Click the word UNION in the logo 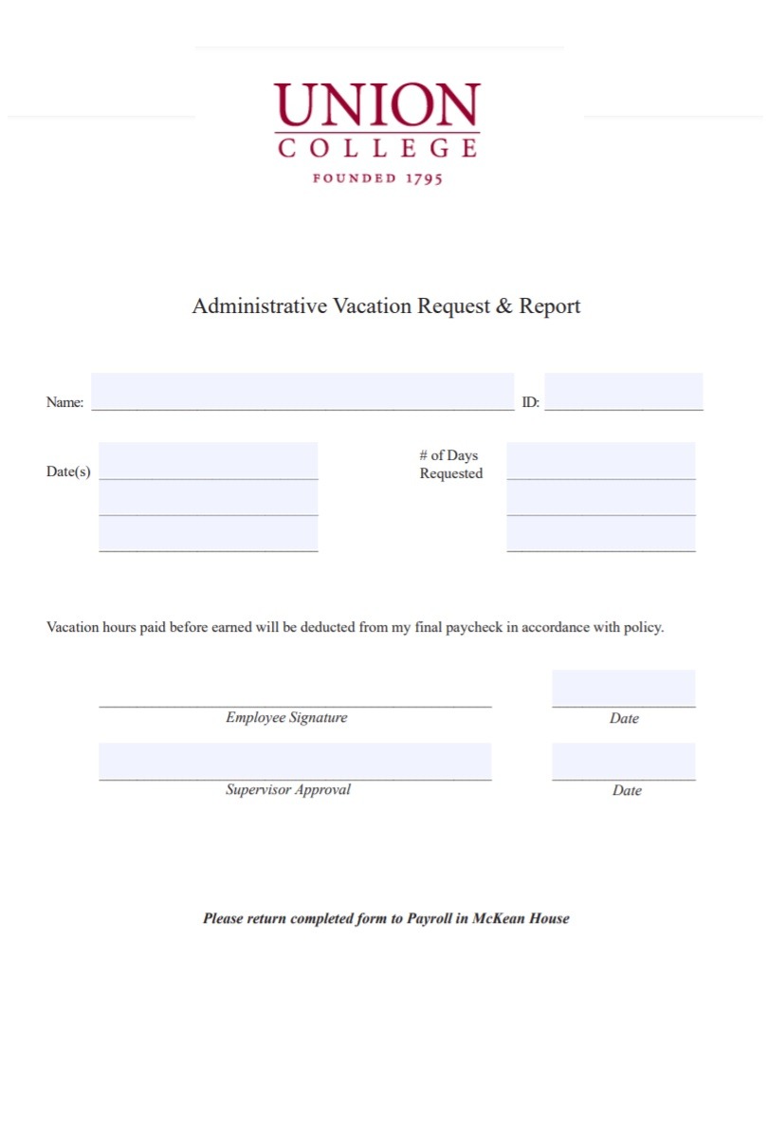(x=376, y=105)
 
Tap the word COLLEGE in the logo (x=376, y=147)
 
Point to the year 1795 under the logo (x=424, y=178)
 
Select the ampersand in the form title (x=503, y=305)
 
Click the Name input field (x=302, y=391)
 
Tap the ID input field (x=623, y=391)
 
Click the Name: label (x=64, y=402)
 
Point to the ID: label (x=531, y=402)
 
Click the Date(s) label (x=68, y=471)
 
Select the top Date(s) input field (x=208, y=461)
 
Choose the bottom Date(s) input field (x=208, y=534)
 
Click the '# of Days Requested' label (x=450, y=465)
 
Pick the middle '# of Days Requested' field (x=600, y=498)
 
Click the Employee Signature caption (x=286, y=718)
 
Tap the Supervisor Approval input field (x=294, y=761)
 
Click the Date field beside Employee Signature (x=623, y=688)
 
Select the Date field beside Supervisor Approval (x=623, y=761)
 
